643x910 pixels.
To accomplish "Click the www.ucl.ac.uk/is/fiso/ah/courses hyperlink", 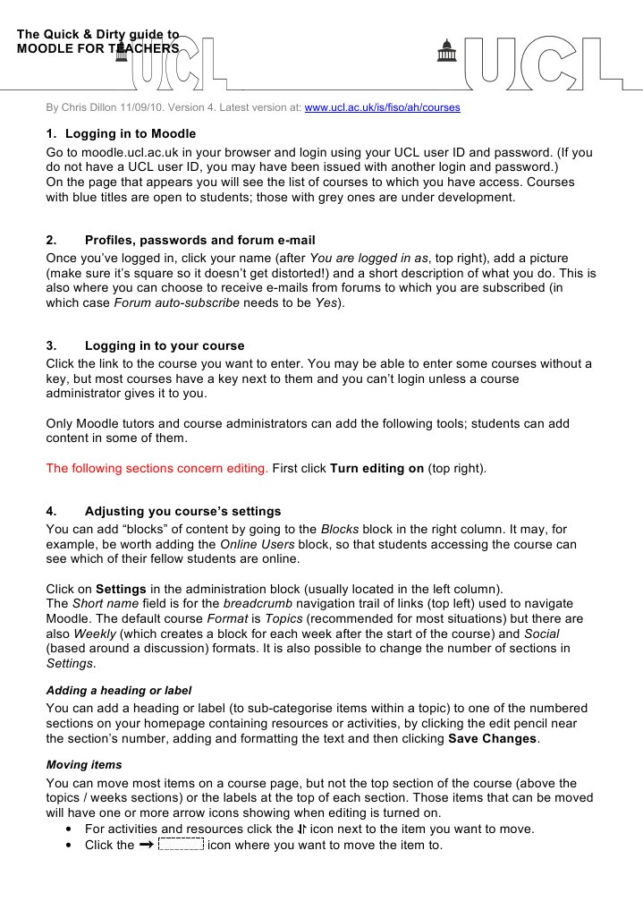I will (x=382, y=108).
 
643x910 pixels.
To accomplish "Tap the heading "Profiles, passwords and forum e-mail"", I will (x=199, y=240).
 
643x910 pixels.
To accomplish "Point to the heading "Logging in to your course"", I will (x=164, y=345).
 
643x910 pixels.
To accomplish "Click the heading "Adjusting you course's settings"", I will (x=182, y=512).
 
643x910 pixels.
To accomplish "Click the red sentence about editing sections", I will (x=157, y=468).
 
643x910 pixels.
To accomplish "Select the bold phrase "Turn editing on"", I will (x=376, y=468).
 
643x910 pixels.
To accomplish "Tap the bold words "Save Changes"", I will (x=492, y=739).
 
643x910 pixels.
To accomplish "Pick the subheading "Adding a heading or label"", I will (x=119, y=691).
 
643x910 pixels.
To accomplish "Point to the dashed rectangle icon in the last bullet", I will (x=180, y=845).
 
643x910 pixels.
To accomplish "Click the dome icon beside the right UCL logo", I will (x=444, y=54).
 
